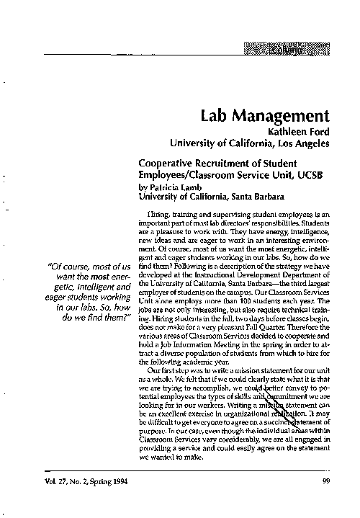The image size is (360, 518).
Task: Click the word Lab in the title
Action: coord(214,116)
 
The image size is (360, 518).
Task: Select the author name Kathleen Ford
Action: coord(298,131)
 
